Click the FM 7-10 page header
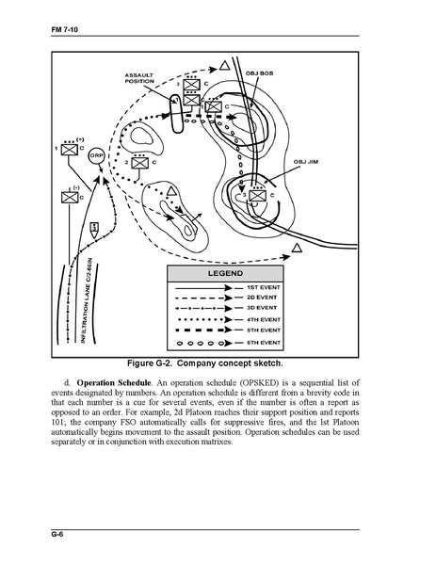pos(65,29)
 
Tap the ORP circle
pos(96,156)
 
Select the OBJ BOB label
pos(259,73)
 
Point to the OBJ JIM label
pos(306,162)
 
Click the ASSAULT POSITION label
pos(139,78)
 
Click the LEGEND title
pos(226,273)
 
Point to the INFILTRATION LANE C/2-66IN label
pos(87,300)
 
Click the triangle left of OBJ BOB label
pos(224,66)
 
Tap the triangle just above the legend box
pos(297,248)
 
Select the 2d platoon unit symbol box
pos(140,163)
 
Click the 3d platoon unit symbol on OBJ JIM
pos(258,196)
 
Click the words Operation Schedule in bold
pos(114,382)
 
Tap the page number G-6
pos(57,534)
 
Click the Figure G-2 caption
pos(205,363)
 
